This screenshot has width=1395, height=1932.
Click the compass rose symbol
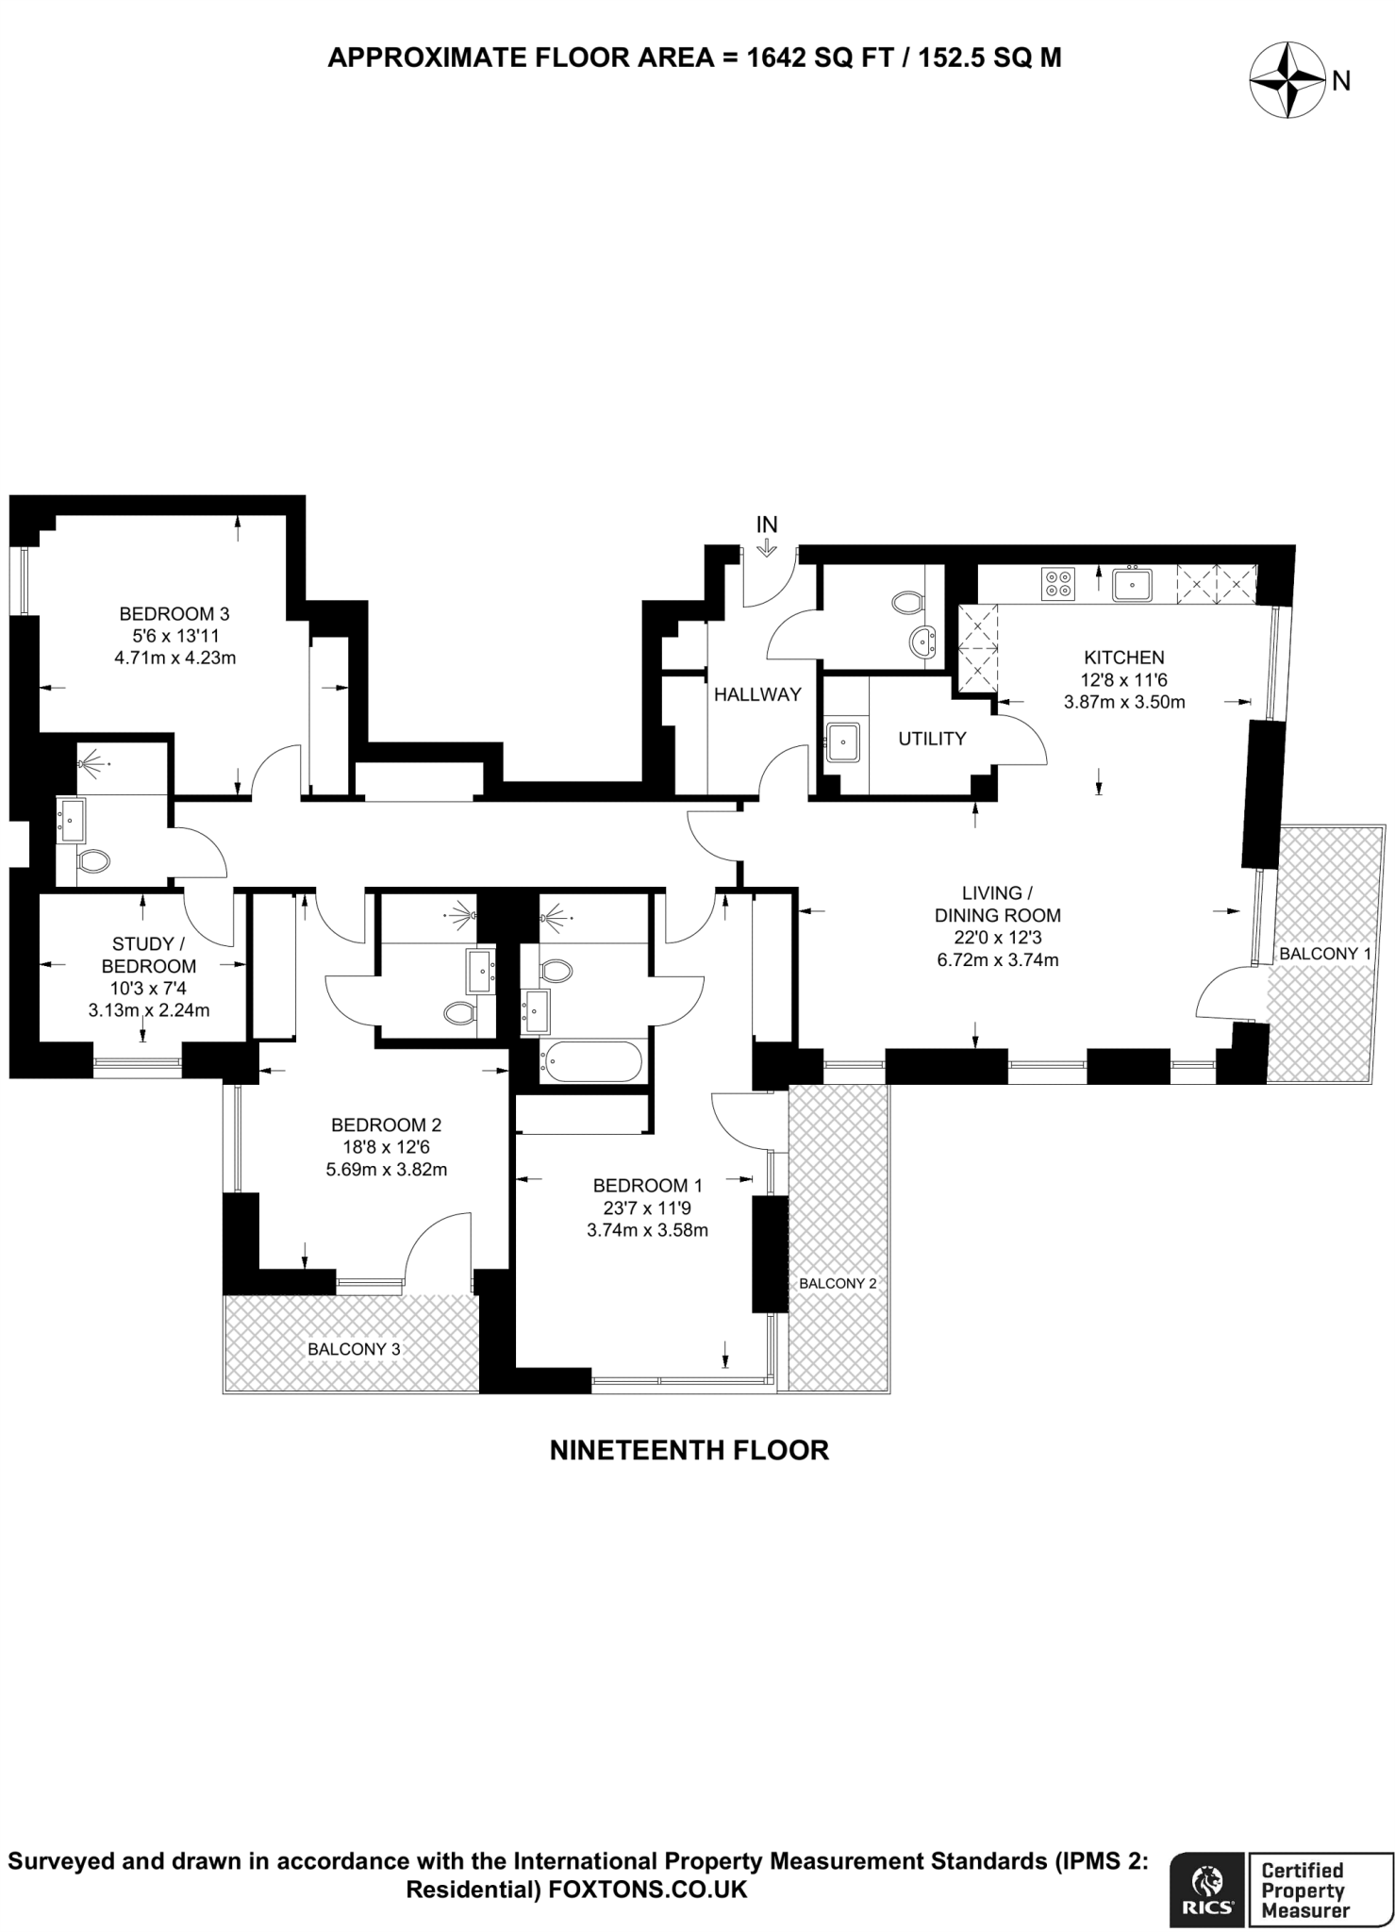pyautogui.click(x=1287, y=82)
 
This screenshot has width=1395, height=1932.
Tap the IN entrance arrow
pyautogui.click(x=766, y=544)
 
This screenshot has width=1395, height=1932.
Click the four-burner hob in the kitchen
pyautogui.click(x=1057, y=584)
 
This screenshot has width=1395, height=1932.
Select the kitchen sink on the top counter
pyautogui.click(x=1131, y=585)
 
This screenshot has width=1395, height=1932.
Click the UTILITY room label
pyautogui.click(x=931, y=739)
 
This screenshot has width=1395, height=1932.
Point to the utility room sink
pyautogui.click(x=841, y=741)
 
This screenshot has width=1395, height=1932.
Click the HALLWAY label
pyautogui.click(x=757, y=694)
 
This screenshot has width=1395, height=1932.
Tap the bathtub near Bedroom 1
pyautogui.click(x=591, y=1062)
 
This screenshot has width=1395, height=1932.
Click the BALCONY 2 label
pyautogui.click(x=838, y=1283)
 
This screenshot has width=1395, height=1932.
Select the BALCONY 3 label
pyautogui.click(x=354, y=1349)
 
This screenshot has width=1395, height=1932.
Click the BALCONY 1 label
pyautogui.click(x=1324, y=954)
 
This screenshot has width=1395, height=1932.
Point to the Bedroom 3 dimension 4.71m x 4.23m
pyautogui.click(x=174, y=658)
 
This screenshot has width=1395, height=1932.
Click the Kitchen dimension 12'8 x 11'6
pyautogui.click(x=1123, y=679)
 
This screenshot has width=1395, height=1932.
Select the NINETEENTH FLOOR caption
pyautogui.click(x=689, y=1450)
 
